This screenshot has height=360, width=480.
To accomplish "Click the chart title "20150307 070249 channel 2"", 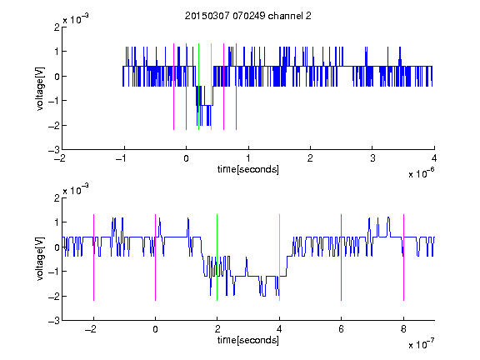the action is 248,16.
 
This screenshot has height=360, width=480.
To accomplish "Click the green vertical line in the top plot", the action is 198,87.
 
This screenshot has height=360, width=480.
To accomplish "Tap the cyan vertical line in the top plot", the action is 211,87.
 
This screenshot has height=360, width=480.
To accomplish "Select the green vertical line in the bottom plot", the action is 217,257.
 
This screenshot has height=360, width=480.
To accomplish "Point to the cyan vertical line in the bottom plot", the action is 279,257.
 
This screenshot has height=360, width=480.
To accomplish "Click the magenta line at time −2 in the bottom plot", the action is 93,257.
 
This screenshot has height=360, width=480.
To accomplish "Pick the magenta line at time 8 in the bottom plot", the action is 403,257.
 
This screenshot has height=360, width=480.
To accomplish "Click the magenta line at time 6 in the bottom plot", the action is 342,257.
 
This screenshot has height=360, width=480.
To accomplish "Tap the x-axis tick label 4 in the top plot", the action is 434,158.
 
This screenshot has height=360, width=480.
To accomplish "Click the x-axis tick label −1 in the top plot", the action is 122,158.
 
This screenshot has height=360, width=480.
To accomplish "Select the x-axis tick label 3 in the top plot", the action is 372,158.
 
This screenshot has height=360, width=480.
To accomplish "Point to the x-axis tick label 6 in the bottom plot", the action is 342,329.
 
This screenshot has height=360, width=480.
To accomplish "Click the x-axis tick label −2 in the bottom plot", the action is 91,329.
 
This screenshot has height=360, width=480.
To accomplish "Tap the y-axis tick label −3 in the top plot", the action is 54,150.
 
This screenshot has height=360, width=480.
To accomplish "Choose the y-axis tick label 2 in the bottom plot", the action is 57,198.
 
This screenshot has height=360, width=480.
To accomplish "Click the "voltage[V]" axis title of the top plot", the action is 40,88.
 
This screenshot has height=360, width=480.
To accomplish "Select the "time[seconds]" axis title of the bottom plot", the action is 248,340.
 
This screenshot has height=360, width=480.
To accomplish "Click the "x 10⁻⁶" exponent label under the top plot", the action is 422,173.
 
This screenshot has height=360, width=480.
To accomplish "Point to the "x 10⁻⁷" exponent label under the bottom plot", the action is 422,344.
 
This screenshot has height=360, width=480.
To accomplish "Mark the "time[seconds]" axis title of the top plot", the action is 248,169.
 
